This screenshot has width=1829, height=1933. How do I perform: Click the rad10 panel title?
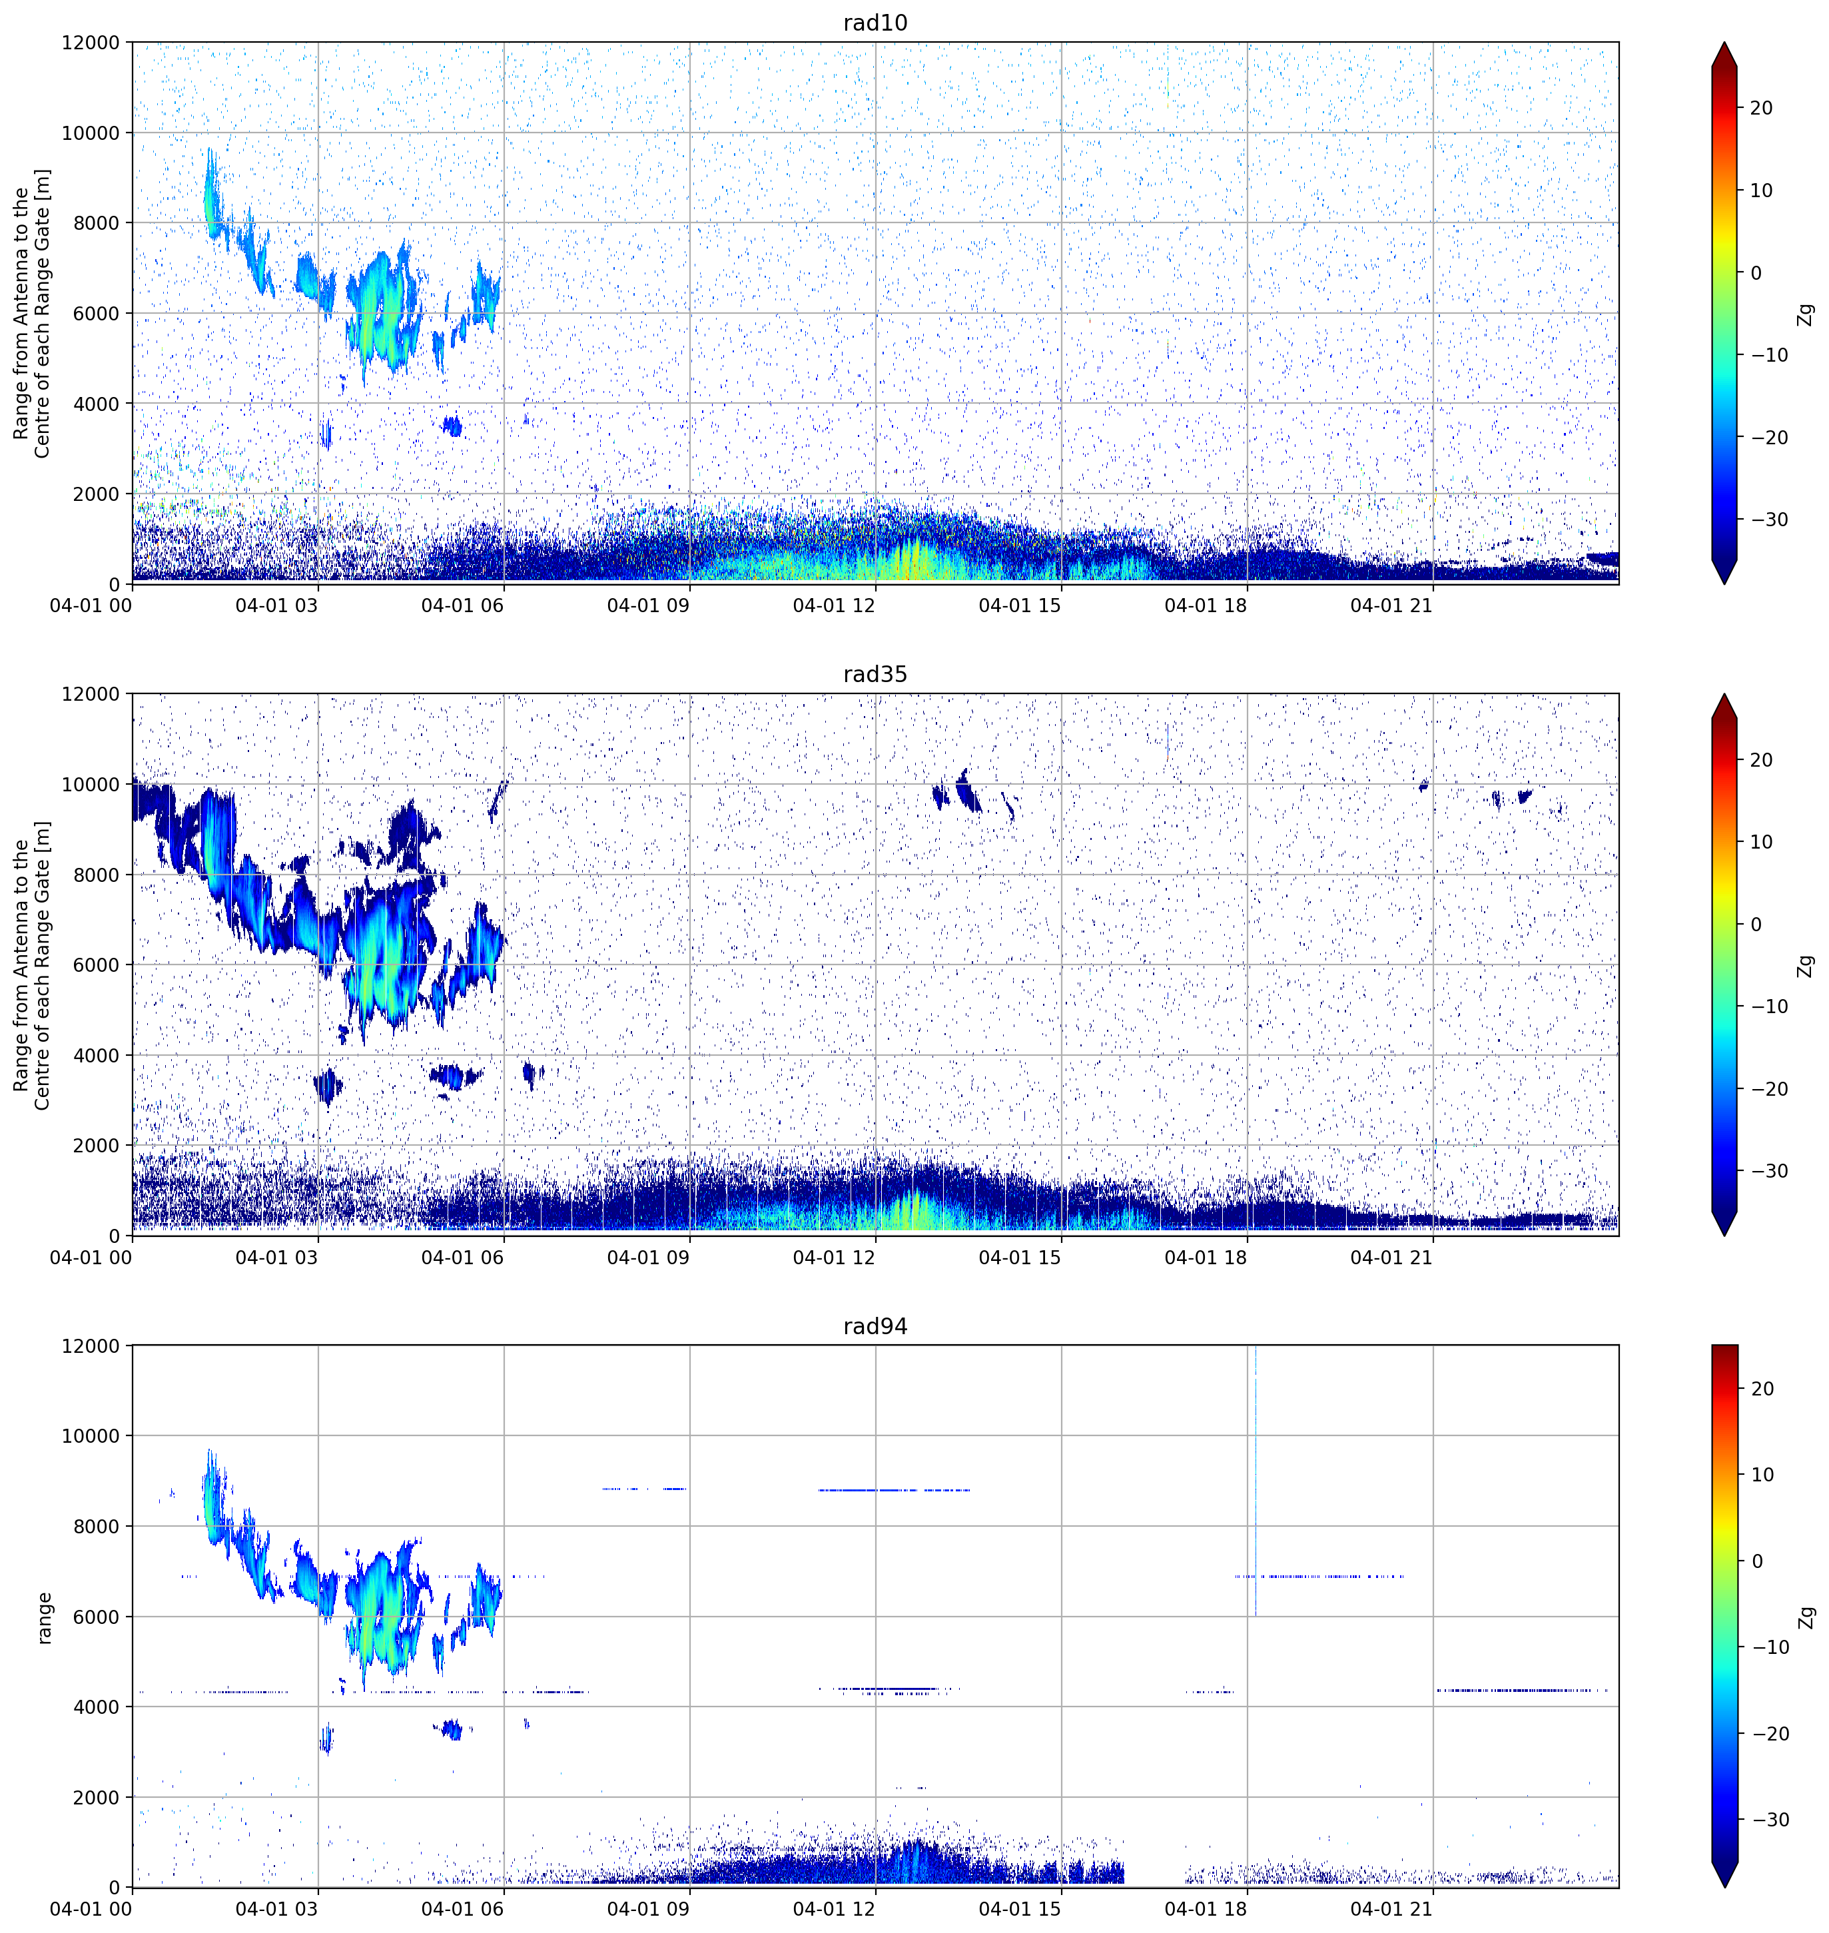click(x=875, y=23)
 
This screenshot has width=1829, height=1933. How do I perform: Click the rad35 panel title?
click(x=875, y=675)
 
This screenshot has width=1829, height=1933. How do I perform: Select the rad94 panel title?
click(x=875, y=1327)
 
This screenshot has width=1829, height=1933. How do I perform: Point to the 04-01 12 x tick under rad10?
click(x=834, y=605)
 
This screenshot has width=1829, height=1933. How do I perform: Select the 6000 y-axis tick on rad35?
click(x=97, y=965)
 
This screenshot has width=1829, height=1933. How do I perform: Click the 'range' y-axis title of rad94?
click(x=44, y=1618)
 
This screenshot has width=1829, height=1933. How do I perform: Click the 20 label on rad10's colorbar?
click(x=1761, y=108)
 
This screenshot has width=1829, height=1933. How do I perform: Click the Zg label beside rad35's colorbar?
click(x=1806, y=966)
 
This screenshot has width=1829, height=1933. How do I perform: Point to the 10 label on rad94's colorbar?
click(x=1761, y=1475)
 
